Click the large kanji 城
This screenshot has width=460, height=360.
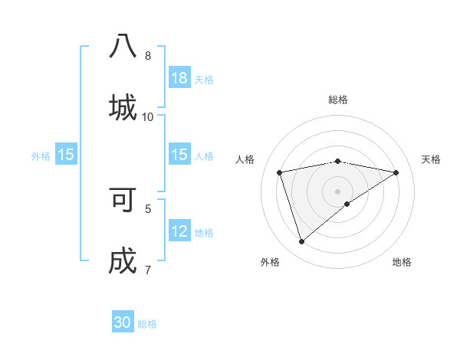[123, 106]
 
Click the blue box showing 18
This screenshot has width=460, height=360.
[179, 78]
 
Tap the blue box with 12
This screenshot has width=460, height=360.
[179, 231]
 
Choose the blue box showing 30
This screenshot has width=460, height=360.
[123, 322]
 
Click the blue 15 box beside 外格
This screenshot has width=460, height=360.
[66, 155]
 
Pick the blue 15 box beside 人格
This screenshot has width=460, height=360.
[179, 155]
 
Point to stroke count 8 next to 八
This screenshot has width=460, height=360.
[148, 55]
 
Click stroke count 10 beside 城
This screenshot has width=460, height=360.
[148, 116]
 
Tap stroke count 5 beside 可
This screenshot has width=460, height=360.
[148, 208]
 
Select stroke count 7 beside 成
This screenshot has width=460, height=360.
[148, 270]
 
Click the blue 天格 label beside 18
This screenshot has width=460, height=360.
[204, 79]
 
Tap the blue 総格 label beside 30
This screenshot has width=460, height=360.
[148, 323]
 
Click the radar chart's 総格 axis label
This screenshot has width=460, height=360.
[338, 100]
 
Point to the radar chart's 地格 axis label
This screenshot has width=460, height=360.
[402, 262]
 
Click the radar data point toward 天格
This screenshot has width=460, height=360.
[396, 172]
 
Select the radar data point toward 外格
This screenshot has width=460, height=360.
[301, 242]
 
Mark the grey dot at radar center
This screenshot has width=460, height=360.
[338, 191]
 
